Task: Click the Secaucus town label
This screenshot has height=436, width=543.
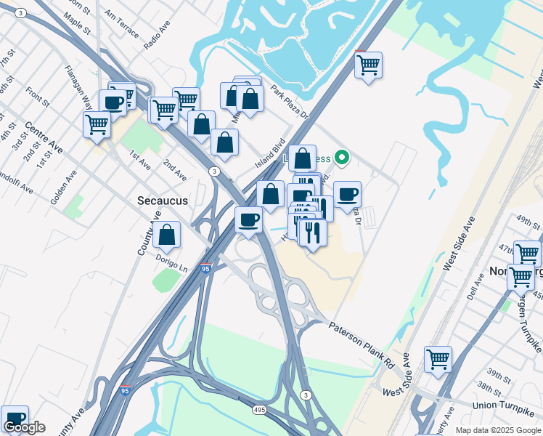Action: [163, 200]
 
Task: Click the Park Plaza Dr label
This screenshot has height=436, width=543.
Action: [290, 105]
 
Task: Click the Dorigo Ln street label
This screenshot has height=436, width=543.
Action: [171, 268]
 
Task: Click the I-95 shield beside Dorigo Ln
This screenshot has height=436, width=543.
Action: [206, 268]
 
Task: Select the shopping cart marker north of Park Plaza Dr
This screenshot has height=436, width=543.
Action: [368, 65]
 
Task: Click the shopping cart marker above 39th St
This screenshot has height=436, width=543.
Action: [438, 359]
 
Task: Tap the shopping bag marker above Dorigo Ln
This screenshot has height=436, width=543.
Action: [167, 235]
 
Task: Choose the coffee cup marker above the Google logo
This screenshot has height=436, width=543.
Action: [15, 419]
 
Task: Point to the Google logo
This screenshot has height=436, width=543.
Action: [24, 428]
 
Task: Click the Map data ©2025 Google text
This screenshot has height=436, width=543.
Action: [497, 430]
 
